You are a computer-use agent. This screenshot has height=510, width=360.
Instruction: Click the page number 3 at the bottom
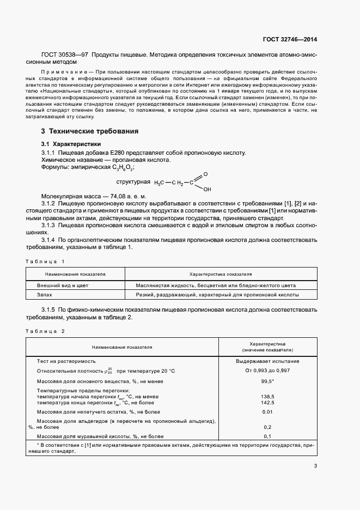(x=315, y=465)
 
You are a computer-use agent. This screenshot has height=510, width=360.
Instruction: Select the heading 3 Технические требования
(x=90, y=131)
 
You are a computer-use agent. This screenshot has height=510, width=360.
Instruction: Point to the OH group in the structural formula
(x=207, y=190)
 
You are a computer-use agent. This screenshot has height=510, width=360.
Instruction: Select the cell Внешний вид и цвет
(x=63, y=285)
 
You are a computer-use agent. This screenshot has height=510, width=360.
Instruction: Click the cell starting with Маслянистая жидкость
(x=217, y=285)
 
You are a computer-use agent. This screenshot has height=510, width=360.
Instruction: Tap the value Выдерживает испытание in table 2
(x=267, y=361)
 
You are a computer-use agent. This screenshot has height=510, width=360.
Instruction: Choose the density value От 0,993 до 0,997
(x=267, y=371)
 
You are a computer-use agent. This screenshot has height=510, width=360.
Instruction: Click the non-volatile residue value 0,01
(x=267, y=412)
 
